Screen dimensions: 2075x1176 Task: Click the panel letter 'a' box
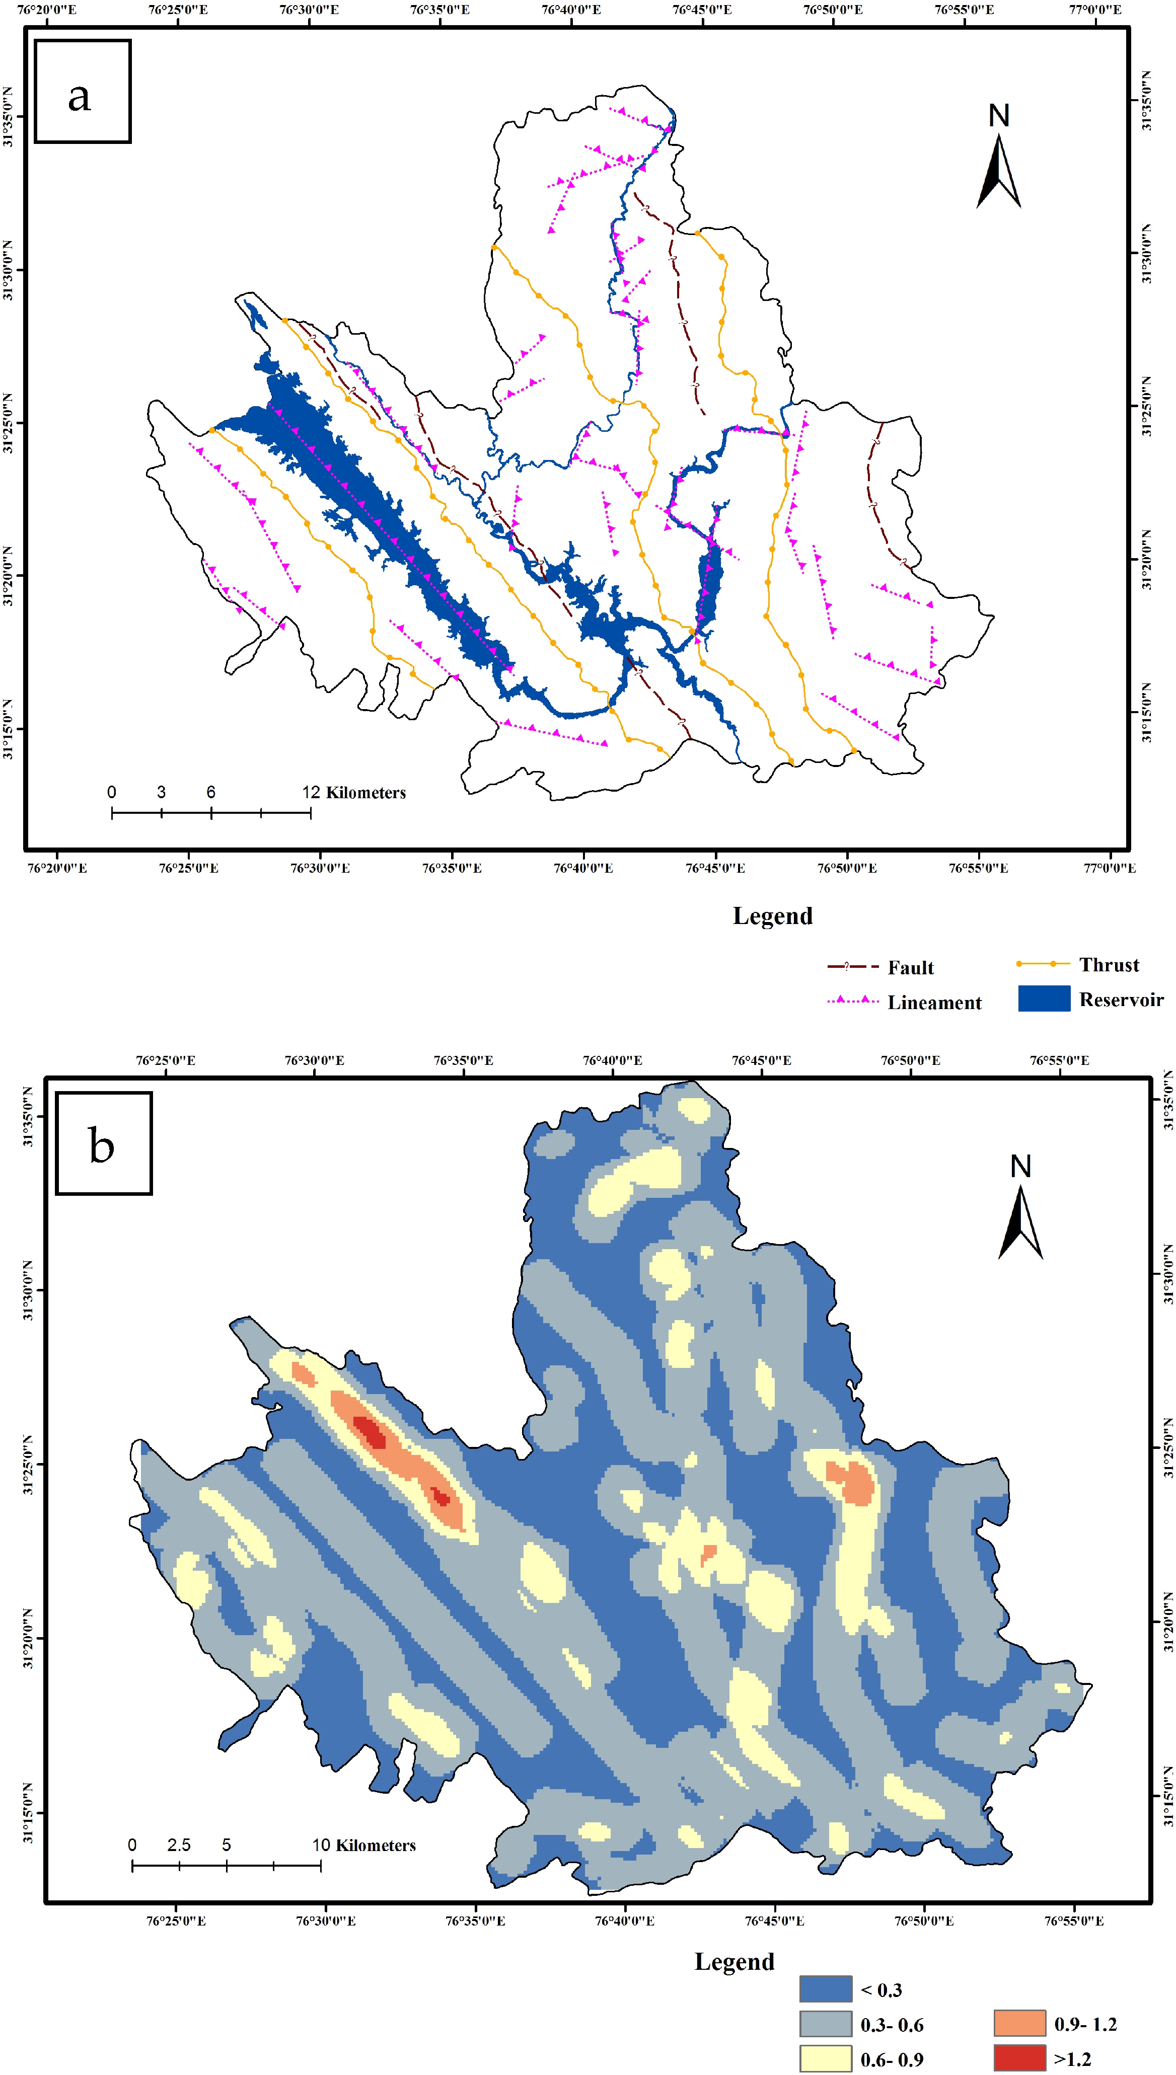(83, 91)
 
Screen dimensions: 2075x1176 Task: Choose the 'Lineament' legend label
(934, 1003)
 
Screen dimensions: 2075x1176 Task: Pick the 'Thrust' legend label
(1109, 965)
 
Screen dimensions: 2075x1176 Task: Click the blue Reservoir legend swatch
(1044, 998)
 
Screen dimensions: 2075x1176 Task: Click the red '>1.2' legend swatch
(1019, 2059)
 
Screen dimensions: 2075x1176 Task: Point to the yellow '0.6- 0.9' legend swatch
(826, 2059)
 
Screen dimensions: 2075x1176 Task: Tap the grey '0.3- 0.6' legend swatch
(826, 2024)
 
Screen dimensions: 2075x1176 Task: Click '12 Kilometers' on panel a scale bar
(354, 792)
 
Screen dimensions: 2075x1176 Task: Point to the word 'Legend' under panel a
(772, 915)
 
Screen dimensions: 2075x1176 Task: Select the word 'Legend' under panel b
(734, 1962)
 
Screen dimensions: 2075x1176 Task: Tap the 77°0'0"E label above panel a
(1095, 10)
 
